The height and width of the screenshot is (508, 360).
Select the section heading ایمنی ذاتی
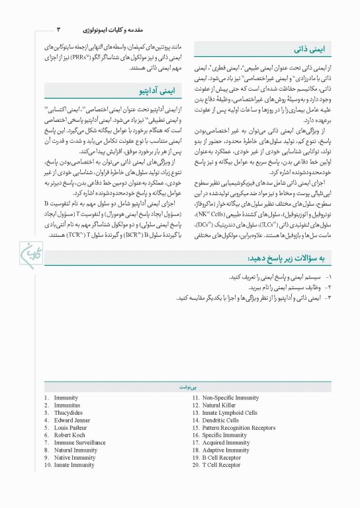click(307, 49)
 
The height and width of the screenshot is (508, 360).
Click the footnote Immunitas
click(67, 405)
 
